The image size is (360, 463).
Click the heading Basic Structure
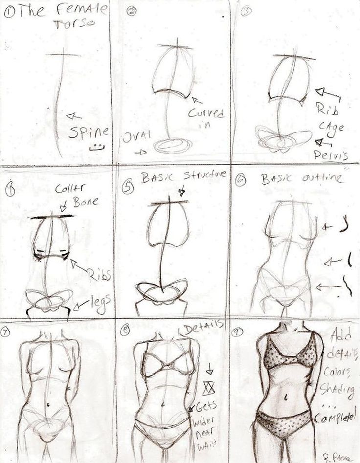[184, 177]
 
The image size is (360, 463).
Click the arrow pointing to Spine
[74, 116]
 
